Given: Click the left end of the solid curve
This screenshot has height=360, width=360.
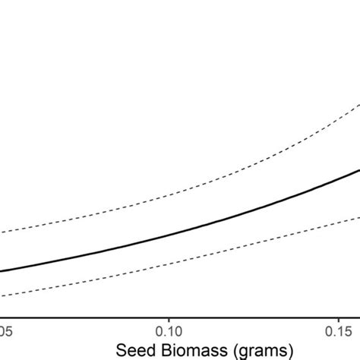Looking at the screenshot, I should pyautogui.click(x=2, y=271).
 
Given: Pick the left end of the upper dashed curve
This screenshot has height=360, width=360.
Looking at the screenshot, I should pyautogui.click(x=2, y=233).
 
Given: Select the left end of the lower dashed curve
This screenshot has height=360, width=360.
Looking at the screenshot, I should pyautogui.click(x=2, y=295).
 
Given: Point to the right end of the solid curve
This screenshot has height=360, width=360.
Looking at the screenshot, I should pyautogui.click(x=358, y=169).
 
